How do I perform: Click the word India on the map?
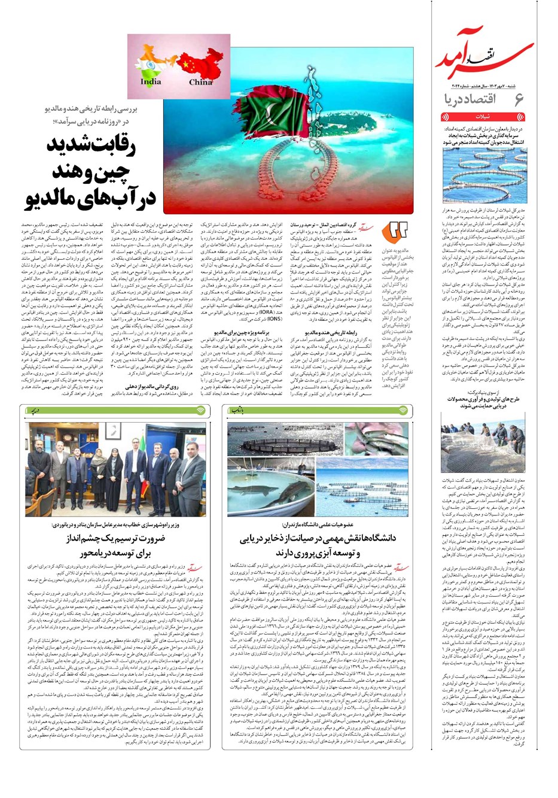tap(151, 81)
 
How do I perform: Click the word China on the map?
tap(200, 82)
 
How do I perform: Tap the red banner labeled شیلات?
tap(483, 117)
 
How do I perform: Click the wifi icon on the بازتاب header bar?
tap(404, 411)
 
